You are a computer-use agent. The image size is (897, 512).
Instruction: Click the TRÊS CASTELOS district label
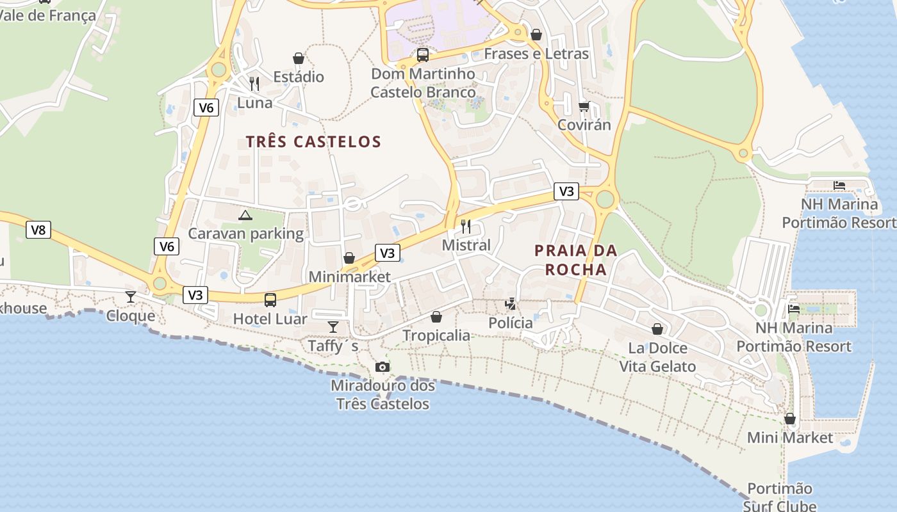click(313, 141)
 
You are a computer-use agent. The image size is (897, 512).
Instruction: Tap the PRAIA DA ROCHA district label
click(576, 260)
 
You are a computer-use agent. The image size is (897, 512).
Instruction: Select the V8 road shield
click(38, 230)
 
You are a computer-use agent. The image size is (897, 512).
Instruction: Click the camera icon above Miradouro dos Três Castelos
click(383, 367)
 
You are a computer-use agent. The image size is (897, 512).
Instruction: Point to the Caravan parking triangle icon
click(245, 215)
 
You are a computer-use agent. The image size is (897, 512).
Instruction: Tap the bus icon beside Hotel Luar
click(270, 300)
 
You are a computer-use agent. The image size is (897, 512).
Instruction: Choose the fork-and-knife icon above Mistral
click(466, 226)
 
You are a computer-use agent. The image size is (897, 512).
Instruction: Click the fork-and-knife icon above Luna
click(254, 83)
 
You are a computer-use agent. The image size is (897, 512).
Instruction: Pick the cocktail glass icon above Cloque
click(131, 296)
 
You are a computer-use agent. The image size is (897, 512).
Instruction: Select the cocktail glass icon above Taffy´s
click(333, 327)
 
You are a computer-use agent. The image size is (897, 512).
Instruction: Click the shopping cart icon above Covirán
click(584, 106)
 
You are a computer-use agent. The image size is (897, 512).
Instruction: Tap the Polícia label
click(511, 323)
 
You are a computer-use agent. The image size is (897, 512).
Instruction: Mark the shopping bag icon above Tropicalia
click(436, 317)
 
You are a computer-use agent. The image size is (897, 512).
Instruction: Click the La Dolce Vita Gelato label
click(657, 357)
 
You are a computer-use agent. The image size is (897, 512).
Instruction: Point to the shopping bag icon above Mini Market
click(790, 419)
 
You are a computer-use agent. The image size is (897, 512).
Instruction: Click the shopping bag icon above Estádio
click(299, 58)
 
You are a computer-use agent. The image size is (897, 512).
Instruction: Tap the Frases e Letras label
click(536, 54)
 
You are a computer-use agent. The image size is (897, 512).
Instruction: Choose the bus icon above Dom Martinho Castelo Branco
click(423, 55)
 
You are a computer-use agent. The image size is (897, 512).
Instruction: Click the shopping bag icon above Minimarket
click(349, 258)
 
